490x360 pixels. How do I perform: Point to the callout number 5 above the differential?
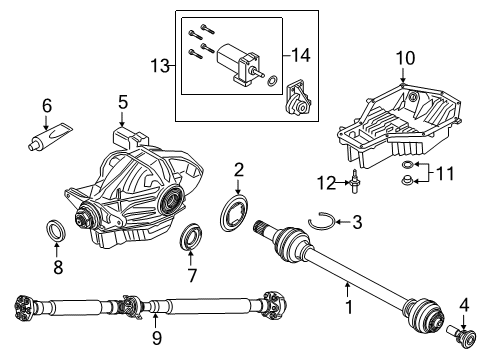coord(122,101)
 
